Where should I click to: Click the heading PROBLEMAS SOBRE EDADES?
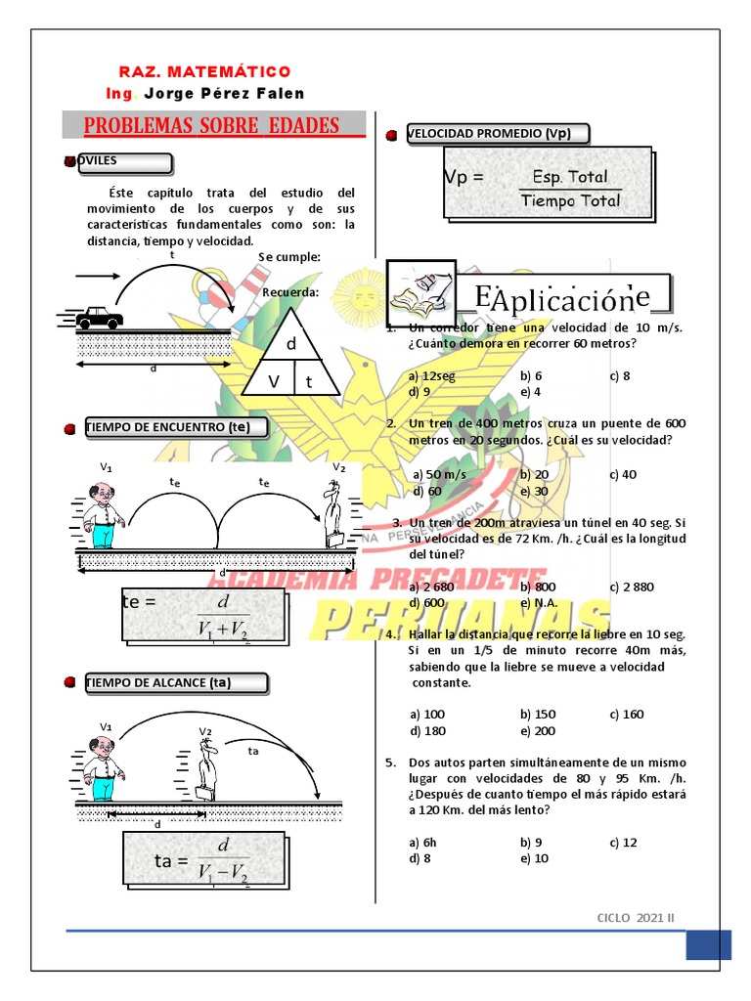pyautogui.click(x=212, y=125)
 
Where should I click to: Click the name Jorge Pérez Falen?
pyautogui.click(x=224, y=94)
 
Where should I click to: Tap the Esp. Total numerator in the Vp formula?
pyautogui.click(x=570, y=177)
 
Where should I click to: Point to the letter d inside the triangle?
pyautogui.click(x=291, y=345)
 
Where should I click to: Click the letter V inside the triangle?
pyautogui.click(x=274, y=382)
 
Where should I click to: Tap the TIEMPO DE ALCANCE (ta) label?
pyautogui.click(x=158, y=682)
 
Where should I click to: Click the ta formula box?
pyautogui.click(x=203, y=861)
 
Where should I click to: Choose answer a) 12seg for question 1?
pyautogui.click(x=432, y=375)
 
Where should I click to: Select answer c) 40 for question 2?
pyautogui.click(x=623, y=474)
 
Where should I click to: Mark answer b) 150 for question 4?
pyautogui.click(x=538, y=714)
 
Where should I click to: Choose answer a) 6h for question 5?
pyautogui.click(x=426, y=842)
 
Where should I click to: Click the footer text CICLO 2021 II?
pyautogui.click(x=636, y=917)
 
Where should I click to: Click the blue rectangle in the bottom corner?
pyautogui.click(x=708, y=944)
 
